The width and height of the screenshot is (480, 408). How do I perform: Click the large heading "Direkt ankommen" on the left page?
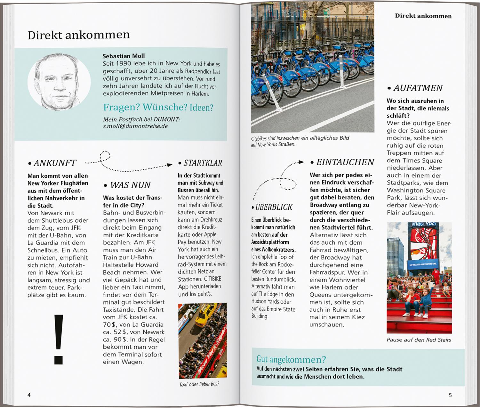[x=79, y=35]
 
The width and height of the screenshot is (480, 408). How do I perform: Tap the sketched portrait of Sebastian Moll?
[x=59, y=82]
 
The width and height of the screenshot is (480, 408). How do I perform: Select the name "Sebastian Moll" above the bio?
[x=124, y=56]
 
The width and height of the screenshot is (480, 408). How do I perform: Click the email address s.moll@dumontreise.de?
[x=135, y=126]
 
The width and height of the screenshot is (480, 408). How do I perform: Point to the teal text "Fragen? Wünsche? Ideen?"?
[x=158, y=107]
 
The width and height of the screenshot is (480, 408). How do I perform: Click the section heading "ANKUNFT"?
[x=55, y=163]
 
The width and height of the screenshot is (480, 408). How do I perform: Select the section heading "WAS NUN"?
[x=130, y=185]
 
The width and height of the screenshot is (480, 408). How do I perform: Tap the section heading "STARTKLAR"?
[x=203, y=163]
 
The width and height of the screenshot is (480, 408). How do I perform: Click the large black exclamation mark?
[x=59, y=339]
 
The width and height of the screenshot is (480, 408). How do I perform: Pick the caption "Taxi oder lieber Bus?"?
[x=199, y=384]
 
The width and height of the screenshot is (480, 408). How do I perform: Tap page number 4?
[x=29, y=395]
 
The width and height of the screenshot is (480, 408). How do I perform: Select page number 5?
[x=450, y=395]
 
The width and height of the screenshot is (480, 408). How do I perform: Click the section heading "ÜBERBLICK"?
[x=274, y=207]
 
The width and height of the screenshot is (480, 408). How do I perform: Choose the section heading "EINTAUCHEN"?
[x=345, y=162]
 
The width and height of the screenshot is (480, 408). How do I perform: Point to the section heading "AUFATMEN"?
[x=418, y=88]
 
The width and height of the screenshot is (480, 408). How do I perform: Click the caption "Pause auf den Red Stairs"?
[x=419, y=340]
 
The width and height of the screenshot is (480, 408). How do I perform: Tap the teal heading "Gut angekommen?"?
[x=291, y=359]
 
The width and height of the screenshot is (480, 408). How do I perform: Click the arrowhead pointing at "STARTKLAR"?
[x=170, y=165]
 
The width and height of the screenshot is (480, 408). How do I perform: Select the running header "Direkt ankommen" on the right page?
[x=423, y=16]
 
